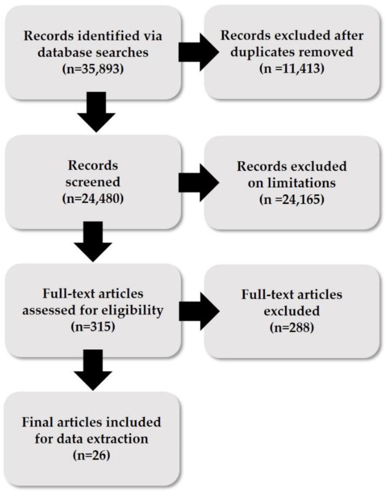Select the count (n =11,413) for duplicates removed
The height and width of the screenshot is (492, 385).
pyautogui.click(x=293, y=68)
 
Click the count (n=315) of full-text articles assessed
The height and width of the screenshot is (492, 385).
pyautogui.click(x=91, y=326)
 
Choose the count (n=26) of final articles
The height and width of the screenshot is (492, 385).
pyautogui.click(x=91, y=454)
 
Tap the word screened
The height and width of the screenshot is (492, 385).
pyautogui.click(x=91, y=182)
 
